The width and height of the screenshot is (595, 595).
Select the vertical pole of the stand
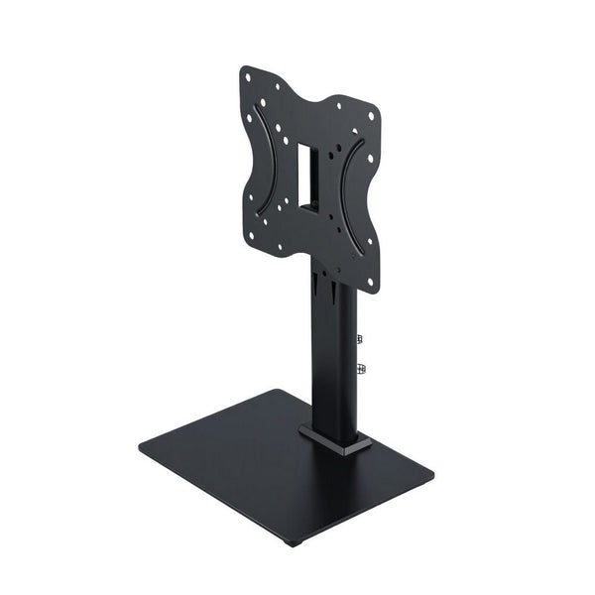coord(331,367)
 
